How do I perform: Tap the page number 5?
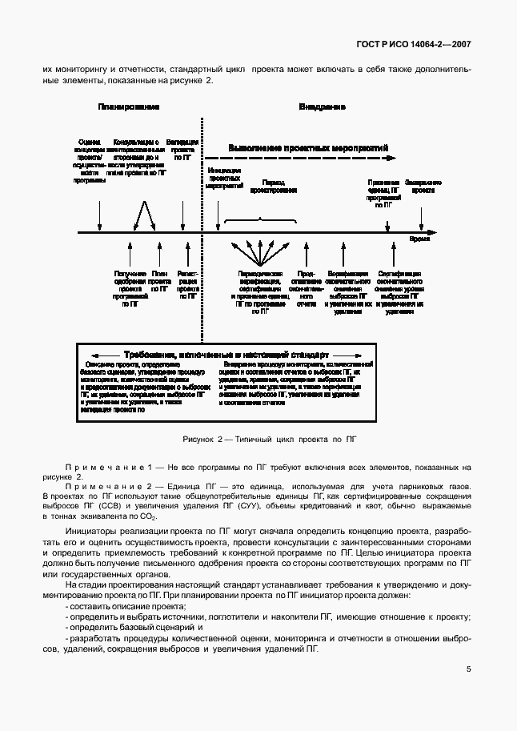point(468,670)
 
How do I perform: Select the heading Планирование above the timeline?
point(129,106)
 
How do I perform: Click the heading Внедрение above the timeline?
point(323,106)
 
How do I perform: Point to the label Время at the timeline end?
point(419,239)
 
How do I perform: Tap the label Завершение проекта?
point(423,187)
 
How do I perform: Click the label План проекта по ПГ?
point(159,283)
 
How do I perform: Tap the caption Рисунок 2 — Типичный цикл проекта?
point(258,440)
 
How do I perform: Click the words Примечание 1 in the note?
point(107,467)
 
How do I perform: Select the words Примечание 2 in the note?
point(107,487)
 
